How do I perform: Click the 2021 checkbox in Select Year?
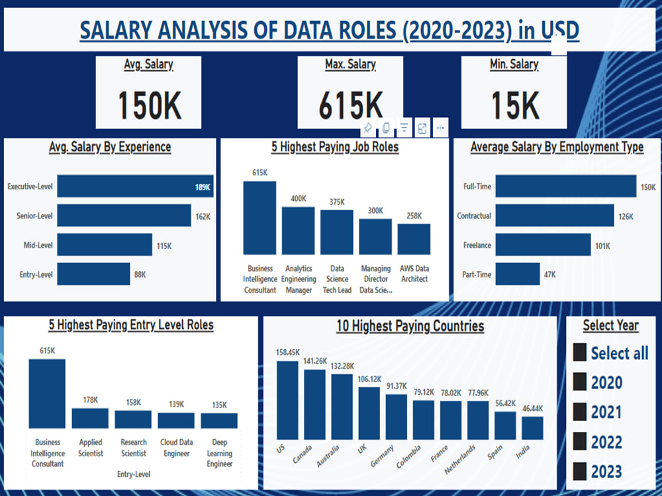(580, 412)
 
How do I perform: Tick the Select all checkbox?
(580, 352)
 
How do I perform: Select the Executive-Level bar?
(135, 186)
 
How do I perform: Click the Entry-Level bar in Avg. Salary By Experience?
(93, 274)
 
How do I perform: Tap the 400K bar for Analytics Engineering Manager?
(299, 230)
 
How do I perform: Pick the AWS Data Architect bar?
(414, 239)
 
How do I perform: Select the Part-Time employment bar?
(518, 274)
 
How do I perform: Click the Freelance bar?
(543, 245)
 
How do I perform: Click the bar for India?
(532, 427)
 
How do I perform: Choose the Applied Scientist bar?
(90, 418)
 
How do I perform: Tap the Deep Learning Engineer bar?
(219, 421)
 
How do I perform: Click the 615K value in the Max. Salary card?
(350, 104)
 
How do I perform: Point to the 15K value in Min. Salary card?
(514, 104)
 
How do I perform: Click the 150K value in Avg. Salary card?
(149, 104)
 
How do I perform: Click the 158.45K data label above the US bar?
(288, 352)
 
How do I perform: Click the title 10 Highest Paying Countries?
(410, 326)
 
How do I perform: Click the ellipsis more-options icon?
(441, 128)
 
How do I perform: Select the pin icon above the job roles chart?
(367, 128)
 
